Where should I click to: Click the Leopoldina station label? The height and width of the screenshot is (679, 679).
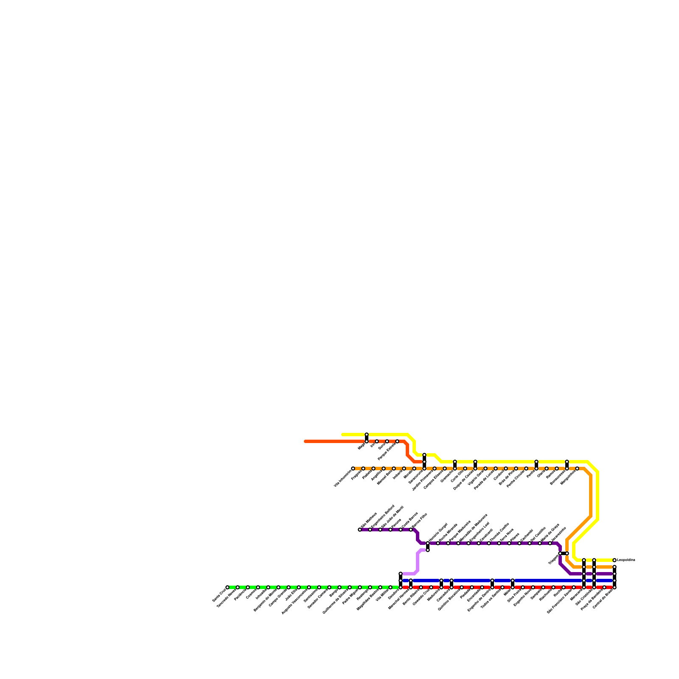click(626, 560)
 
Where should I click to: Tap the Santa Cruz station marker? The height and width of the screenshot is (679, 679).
click(227, 587)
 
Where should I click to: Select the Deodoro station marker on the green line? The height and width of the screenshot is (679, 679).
click(401, 587)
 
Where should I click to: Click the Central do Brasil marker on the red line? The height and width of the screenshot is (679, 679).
click(614, 587)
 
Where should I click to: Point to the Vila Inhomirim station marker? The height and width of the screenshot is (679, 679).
click(353, 469)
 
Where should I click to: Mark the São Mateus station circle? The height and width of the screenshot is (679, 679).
click(360, 530)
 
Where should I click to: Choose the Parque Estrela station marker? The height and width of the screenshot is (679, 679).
click(397, 441)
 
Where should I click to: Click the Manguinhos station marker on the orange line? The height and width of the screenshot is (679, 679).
click(577, 469)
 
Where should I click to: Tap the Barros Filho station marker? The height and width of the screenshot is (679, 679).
click(411, 530)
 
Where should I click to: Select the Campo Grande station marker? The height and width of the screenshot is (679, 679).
click(278, 587)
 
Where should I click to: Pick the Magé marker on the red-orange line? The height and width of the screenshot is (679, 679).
click(367, 441)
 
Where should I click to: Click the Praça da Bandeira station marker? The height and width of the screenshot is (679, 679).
click(604, 587)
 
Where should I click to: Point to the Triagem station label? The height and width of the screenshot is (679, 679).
click(553, 560)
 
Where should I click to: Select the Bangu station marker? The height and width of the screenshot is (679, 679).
click(339, 587)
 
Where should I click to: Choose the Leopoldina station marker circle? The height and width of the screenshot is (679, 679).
click(614, 560)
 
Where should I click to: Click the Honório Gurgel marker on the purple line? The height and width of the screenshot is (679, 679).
click(428, 543)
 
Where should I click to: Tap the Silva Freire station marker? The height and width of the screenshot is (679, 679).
click(523, 587)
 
